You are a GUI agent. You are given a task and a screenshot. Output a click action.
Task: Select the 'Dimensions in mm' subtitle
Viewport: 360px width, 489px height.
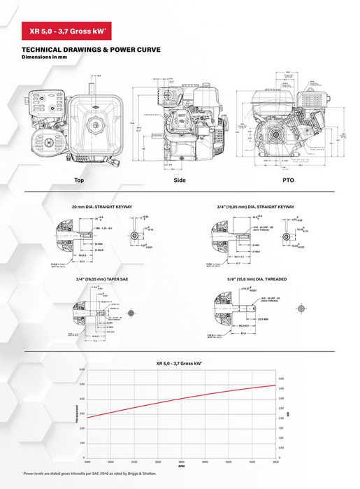45,57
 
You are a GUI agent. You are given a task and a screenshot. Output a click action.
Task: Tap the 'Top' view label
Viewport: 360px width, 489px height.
79,180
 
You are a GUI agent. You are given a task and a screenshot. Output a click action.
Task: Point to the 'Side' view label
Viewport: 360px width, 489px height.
180,180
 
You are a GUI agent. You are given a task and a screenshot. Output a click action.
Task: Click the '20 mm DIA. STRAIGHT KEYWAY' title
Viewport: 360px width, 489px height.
101,206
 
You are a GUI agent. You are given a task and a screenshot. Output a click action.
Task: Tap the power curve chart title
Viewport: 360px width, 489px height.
180,364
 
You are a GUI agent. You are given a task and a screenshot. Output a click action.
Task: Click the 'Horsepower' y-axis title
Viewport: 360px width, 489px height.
68,413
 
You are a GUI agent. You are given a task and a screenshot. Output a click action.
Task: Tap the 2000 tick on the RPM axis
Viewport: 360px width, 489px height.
87,460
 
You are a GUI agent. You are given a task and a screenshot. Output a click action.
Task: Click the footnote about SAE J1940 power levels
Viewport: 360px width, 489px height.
96,476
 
